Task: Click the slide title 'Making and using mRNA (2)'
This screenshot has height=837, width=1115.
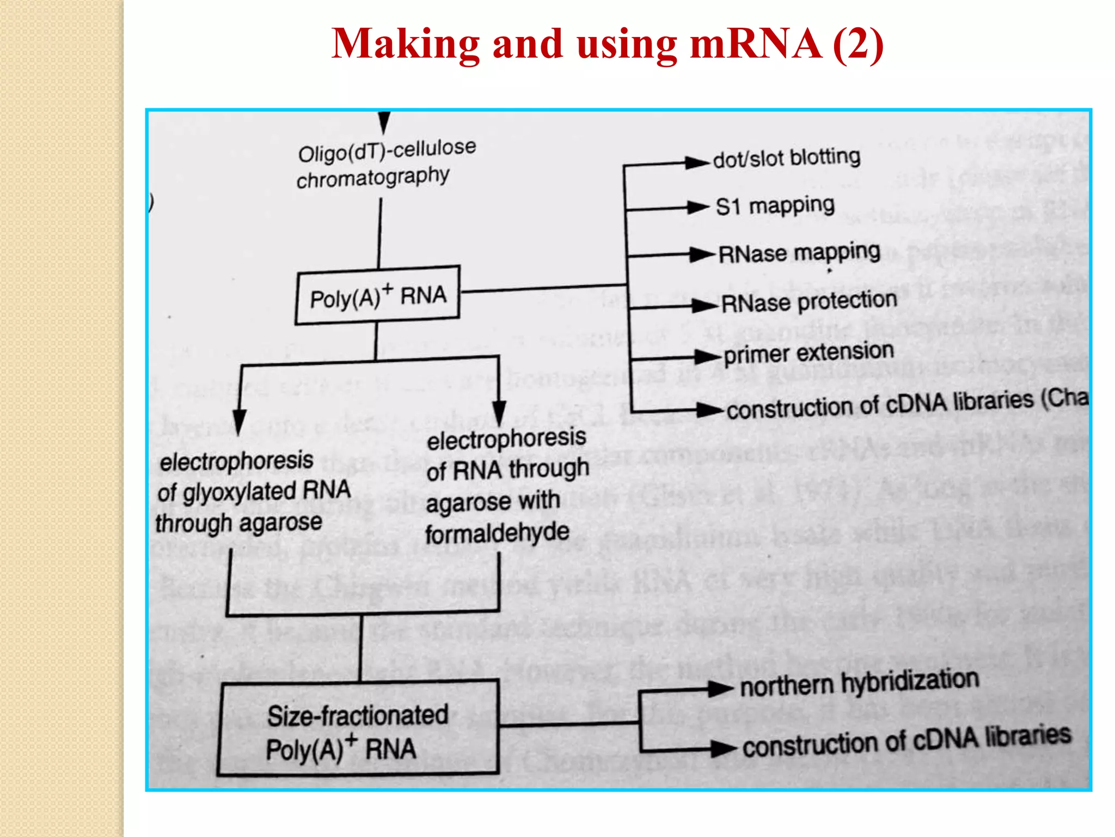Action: tap(607, 44)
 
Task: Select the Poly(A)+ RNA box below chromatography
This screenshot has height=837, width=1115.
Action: tap(378, 295)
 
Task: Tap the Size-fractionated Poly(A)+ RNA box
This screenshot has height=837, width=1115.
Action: tap(358, 728)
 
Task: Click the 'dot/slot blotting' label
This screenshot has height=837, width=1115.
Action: tap(787, 158)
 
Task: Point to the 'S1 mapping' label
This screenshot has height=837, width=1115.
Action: tap(775, 206)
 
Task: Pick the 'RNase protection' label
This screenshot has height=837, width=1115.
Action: tap(809, 302)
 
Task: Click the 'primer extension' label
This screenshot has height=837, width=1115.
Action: tap(809, 353)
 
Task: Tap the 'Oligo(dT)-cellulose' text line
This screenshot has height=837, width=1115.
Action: tap(387, 150)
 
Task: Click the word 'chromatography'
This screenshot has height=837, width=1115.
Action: tap(373, 178)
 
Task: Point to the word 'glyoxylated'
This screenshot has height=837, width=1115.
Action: tap(240, 493)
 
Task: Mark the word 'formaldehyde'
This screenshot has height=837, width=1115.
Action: tap(497, 532)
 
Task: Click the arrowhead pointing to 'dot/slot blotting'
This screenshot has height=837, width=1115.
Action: tap(696, 162)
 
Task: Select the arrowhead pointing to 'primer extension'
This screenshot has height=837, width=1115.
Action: tap(707, 357)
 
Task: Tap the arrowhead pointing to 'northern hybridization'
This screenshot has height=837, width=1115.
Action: tap(720, 689)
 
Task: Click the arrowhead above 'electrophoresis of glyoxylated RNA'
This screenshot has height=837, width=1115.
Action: tap(239, 422)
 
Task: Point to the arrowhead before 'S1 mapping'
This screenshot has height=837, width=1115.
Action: tap(698, 207)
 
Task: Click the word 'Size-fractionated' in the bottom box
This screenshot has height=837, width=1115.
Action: tap(357, 715)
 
